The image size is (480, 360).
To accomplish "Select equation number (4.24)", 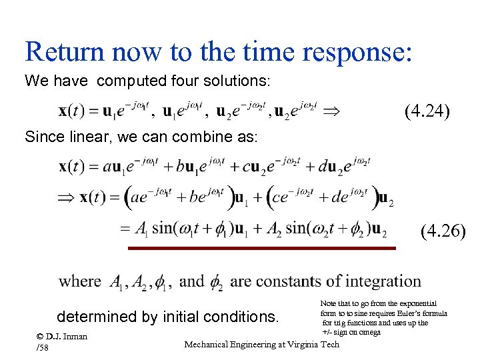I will click(x=427, y=111).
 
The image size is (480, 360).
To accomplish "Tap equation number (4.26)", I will click(x=444, y=231).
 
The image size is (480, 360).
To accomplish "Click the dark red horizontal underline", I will click(x=262, y=248).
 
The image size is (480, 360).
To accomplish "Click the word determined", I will click(x=99, y=316).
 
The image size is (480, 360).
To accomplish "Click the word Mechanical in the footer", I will click(x=210, y=344).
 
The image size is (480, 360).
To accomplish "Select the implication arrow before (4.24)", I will click(x=331, y=112).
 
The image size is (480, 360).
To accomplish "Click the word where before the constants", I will click(x=80, y=281).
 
